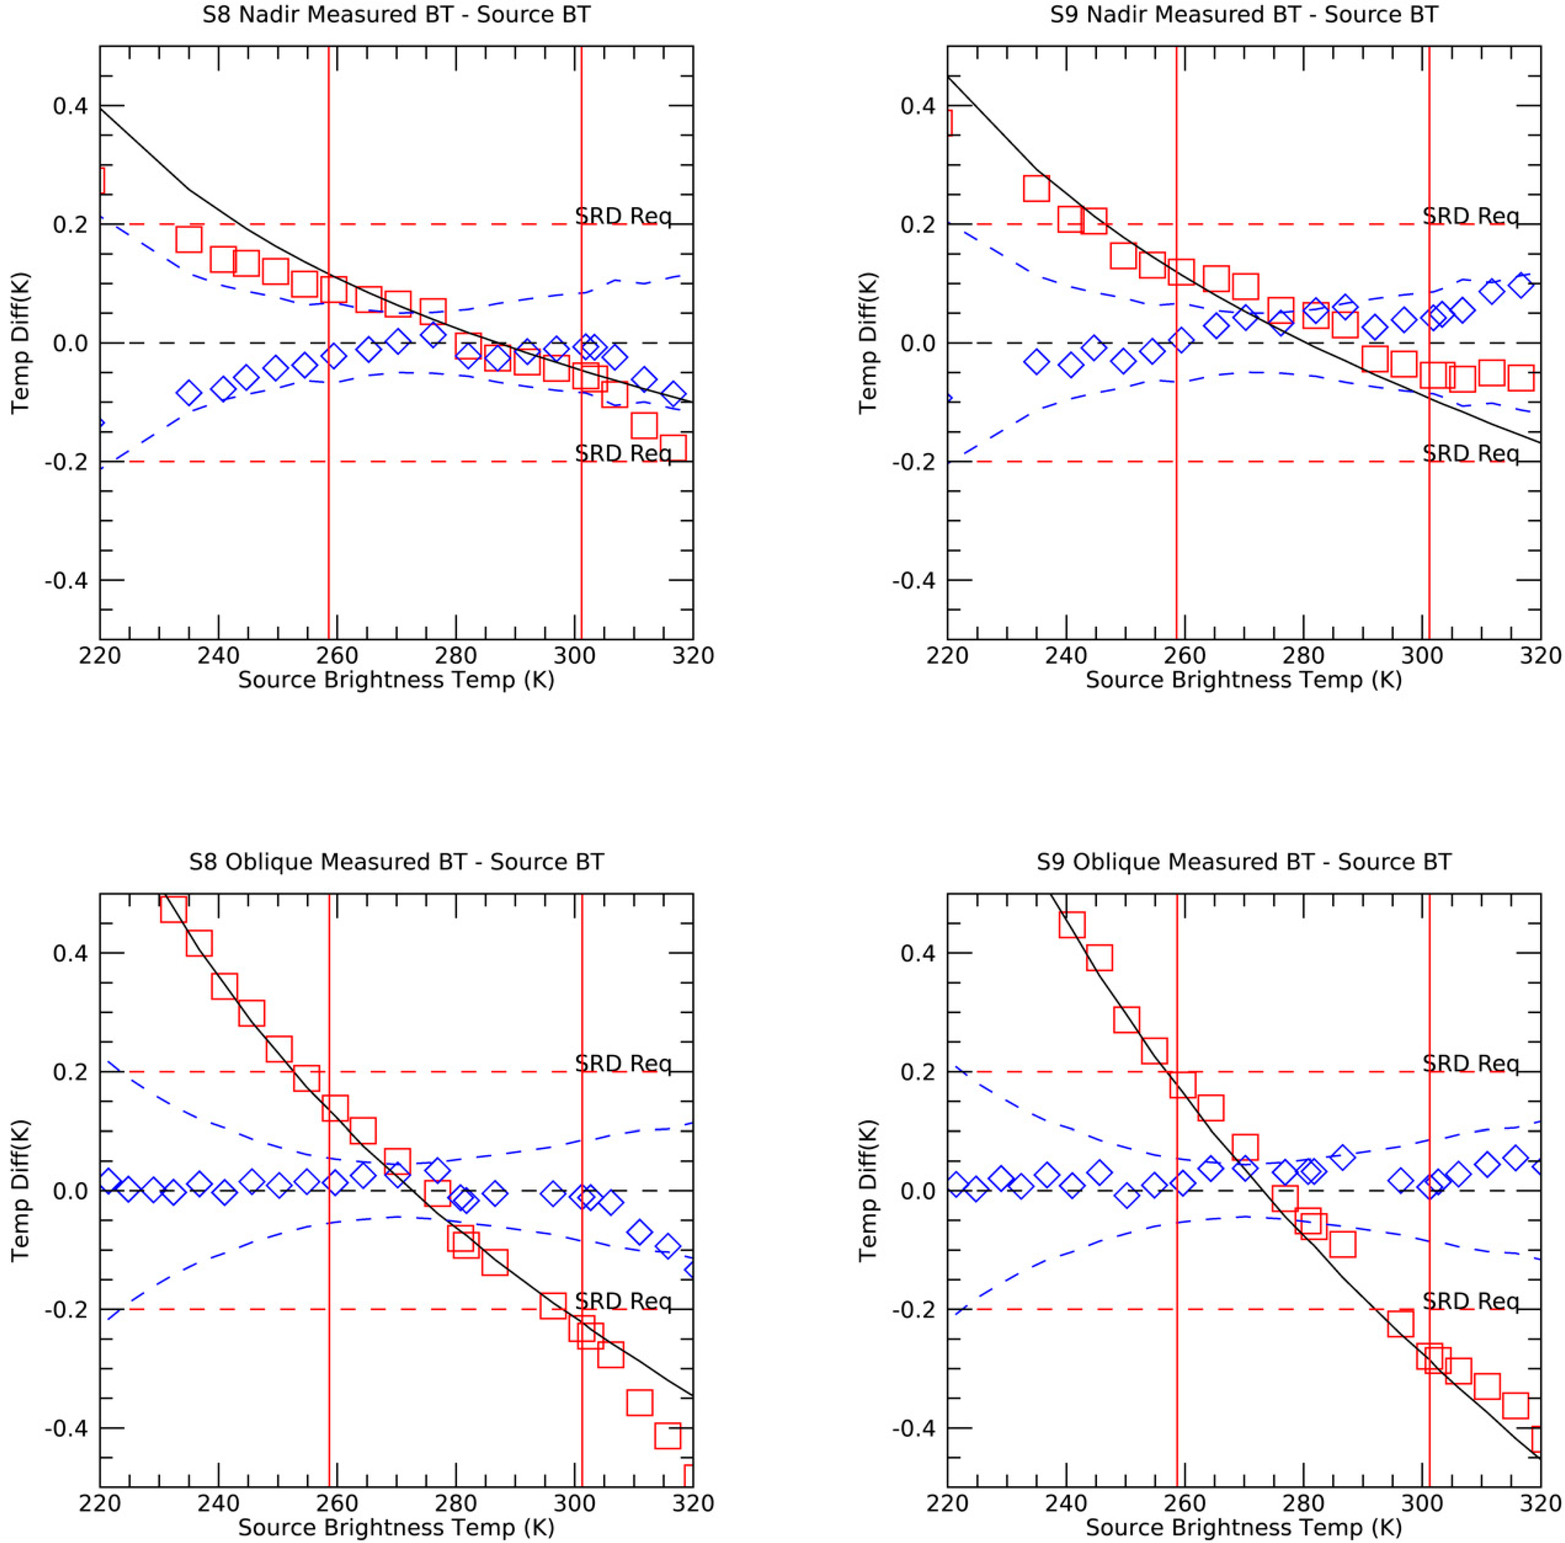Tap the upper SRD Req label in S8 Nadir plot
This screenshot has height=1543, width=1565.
point(623,216)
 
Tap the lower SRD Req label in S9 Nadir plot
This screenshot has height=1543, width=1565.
point(1470,454)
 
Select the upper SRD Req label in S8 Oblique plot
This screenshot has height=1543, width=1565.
point(623,1064)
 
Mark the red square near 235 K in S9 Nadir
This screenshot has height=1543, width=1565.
point(1036,188)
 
